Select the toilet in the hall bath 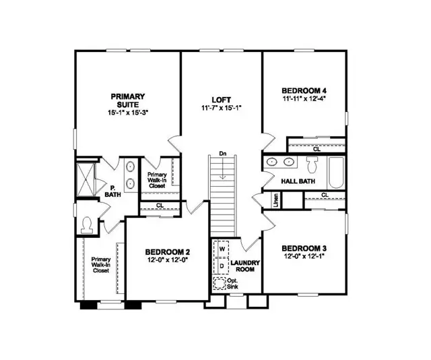point(312,164)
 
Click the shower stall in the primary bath point(86,178)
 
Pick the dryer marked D point(220,265)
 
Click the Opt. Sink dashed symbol point(220,282)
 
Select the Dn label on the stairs point(222,154)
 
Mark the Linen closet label point(276,200)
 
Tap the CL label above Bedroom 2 point(160,206)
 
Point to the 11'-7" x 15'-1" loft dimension point(221,107)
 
